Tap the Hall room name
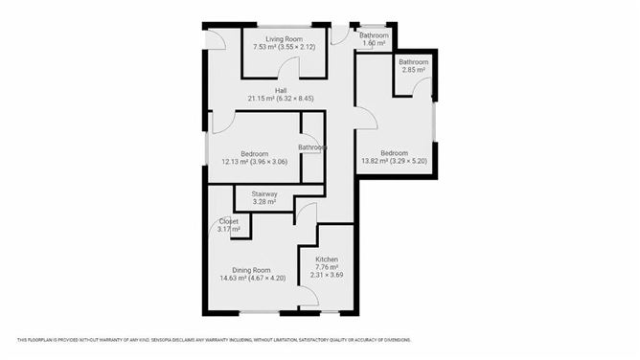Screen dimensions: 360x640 click(x=281, y=90)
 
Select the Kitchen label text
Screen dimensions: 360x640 click(x=326, y=259)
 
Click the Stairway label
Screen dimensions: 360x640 click(x=264, y=193)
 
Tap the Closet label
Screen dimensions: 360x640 click(x=228, y=221)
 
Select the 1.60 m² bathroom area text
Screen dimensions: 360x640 click(x=373, y=43)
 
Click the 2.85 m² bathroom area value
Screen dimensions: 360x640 click(x=413, y=70)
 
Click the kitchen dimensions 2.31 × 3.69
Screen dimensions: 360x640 click(x=326, y=276)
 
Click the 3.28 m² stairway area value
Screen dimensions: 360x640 click(x=264, y=202)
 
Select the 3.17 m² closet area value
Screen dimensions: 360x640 click(x=228, y=229)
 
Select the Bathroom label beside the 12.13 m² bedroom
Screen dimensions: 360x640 click(x=312, y=147)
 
